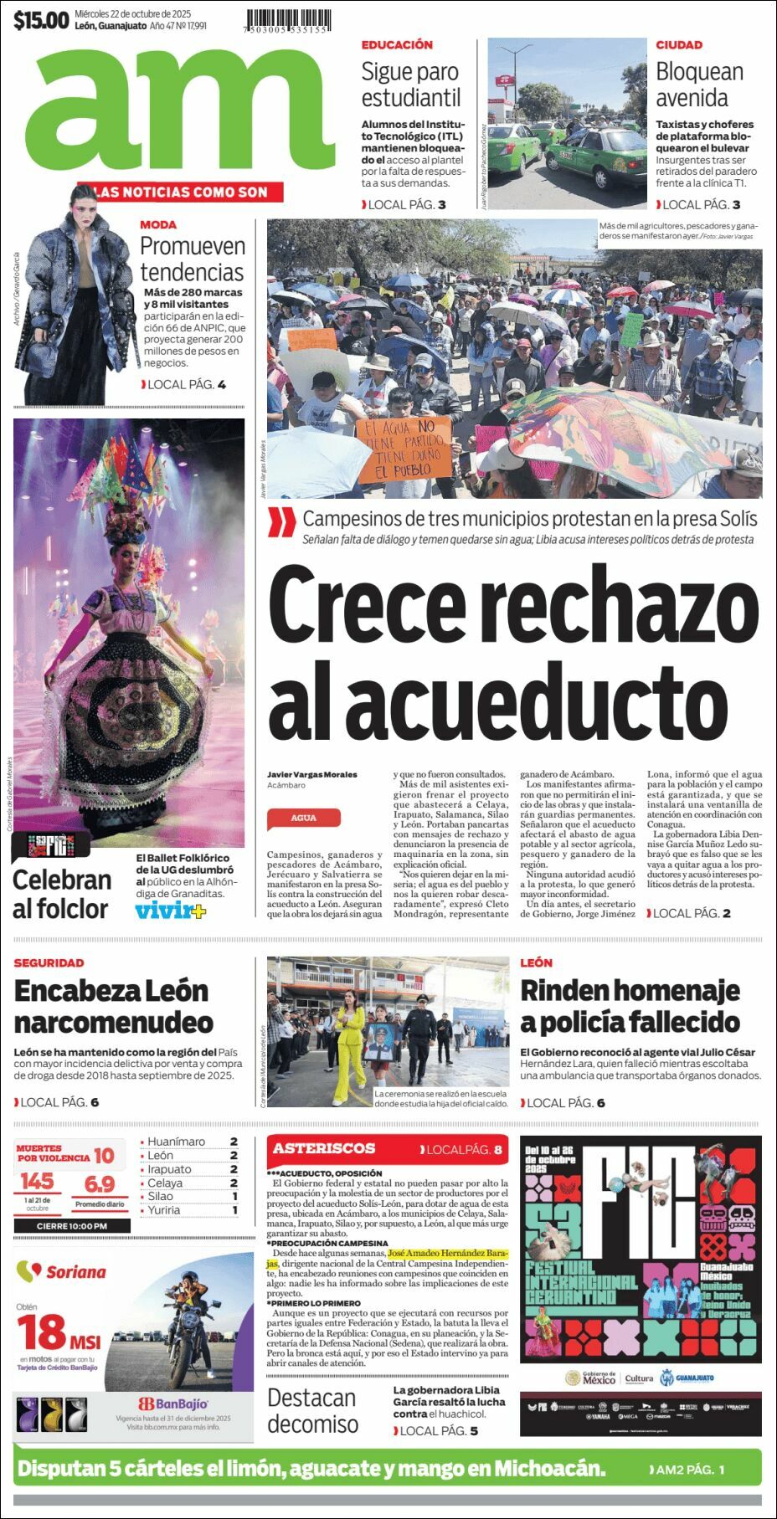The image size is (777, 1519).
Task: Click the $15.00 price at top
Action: tap(40, 20)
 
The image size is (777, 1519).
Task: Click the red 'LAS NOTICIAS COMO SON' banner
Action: tap(180, 192)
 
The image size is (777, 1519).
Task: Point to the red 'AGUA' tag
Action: tap(303, 818)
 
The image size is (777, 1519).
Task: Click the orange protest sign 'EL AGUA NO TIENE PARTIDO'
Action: tap(404, 449)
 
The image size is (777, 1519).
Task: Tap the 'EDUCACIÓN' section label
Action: tap(397, 44)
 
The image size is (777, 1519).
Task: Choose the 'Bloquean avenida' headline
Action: tap(699, 85)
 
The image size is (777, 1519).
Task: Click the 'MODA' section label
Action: tap(158, 224)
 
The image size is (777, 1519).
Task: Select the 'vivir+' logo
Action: tap(170, 911)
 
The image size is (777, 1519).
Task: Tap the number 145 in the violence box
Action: tap(37, 1181)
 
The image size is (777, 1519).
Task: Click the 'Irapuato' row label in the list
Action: tap(169, 1169)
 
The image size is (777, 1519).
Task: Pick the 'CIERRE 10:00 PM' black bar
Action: tap(72, 1226)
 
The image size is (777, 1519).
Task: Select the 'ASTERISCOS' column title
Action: tap(324, 1148)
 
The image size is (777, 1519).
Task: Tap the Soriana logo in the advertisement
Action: tap(62, 1272)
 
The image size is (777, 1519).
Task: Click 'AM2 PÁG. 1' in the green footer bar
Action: tap(687, 1469)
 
